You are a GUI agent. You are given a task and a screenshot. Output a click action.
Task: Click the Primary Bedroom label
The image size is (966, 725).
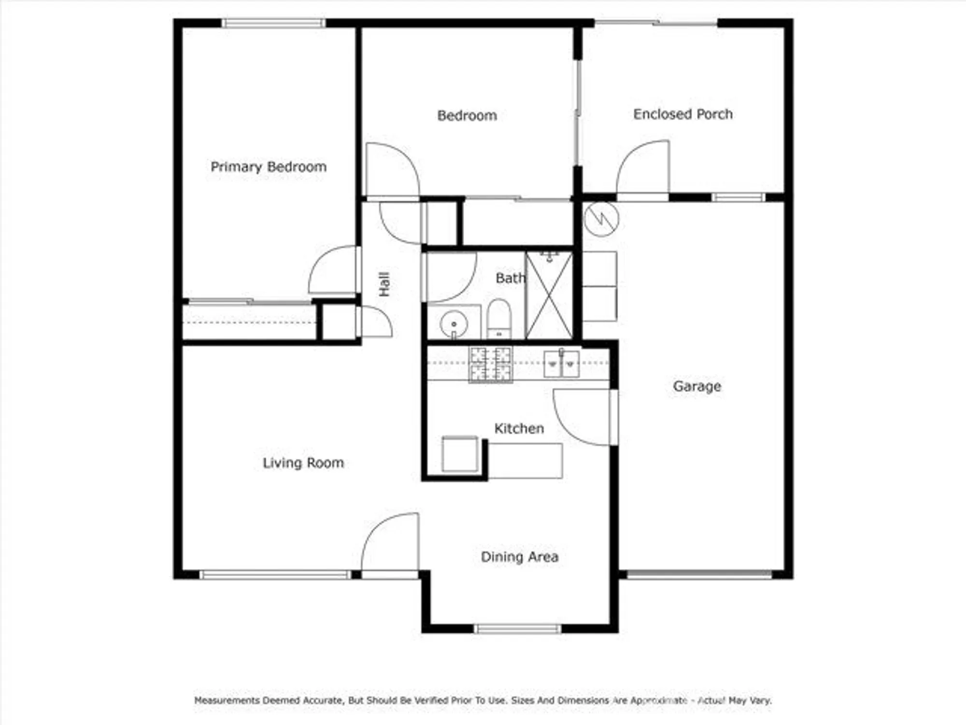(x=269, y=167)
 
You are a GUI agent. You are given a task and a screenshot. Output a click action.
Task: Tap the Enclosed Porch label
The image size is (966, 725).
(x=682, y=114)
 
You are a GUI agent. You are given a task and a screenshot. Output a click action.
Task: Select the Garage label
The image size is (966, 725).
(x=696, y=386)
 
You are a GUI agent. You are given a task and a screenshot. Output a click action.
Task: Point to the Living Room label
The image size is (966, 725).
(x=303, y=463)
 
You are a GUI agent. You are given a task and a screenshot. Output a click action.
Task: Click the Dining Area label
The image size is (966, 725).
(x=519, y=557)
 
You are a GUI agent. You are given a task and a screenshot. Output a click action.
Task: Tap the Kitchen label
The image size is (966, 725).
(x=519, y=428)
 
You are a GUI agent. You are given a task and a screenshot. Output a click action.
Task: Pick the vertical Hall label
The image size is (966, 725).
(x=384, y=284)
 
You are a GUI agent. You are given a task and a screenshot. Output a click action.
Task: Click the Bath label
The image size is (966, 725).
(x=510, y=278)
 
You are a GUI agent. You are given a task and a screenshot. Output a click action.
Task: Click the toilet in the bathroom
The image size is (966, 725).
(x=499, y=319)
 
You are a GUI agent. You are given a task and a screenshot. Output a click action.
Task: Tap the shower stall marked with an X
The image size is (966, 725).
(x=549, y=295)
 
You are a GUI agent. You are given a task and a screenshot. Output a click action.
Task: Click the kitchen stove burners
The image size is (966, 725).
(x=490, y=364)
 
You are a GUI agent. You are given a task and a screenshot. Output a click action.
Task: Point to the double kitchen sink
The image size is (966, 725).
(x=561, y=363)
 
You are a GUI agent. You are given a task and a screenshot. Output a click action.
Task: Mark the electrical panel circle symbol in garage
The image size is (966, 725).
(x=601, y=218)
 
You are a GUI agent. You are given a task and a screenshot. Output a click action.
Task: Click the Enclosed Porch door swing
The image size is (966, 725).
(x=645, y=167)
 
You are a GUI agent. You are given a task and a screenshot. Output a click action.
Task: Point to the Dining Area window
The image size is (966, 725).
(x=517, y=629)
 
